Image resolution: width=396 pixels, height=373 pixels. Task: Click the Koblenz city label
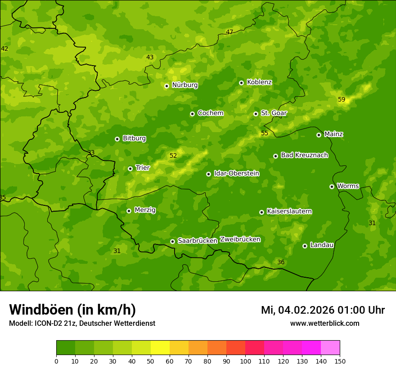(259, 82)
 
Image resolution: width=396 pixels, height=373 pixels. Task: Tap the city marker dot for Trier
(130, 169)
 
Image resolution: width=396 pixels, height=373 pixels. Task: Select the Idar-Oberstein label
(236, 173)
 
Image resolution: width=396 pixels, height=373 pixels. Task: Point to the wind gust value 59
(342, 100)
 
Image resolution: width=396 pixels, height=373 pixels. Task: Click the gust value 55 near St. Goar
(265, 133)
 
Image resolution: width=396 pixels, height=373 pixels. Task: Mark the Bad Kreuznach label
(304, 155)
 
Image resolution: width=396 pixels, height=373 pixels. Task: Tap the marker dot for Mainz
(319, 135)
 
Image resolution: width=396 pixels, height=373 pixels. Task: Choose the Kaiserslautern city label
(289, 212)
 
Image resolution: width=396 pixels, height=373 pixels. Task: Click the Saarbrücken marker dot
(172, 241)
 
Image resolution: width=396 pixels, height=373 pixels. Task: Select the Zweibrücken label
(240, 240)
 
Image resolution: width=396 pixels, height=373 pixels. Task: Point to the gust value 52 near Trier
(173, 156)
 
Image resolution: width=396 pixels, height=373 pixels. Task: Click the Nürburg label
(184, 85)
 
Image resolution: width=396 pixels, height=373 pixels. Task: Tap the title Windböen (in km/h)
(72, 310)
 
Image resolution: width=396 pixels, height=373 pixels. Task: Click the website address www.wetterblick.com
(324, 324)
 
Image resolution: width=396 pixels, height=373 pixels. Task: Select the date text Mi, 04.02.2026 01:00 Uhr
(322, 310)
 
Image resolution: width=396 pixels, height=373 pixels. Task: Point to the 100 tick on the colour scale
(245, 361)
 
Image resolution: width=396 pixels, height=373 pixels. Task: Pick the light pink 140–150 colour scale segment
(330, 348)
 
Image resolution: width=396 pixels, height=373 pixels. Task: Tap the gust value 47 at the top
(229, 32)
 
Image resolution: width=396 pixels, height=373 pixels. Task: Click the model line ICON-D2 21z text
(82, 324)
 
